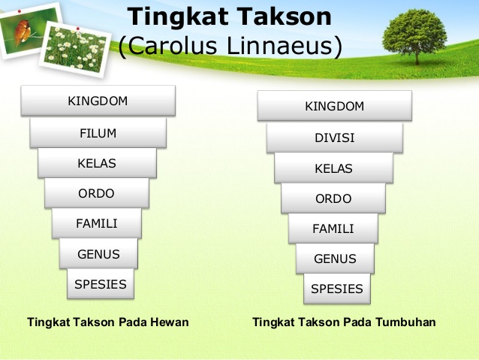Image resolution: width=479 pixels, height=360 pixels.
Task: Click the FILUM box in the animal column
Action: (x=98, y=133)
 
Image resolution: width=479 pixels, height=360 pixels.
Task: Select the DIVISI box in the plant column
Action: (x=334, y=138)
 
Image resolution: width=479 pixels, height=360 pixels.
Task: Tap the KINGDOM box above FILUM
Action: (x=98, y=101)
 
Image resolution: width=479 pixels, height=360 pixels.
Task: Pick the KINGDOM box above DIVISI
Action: (x=334, y=106)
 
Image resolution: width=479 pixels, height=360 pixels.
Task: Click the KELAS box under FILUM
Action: (x=97, y=162)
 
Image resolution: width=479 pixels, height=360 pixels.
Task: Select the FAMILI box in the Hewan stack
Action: (x=97, y=223)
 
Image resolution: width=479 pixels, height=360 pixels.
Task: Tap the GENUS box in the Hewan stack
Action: (x=98, y=254)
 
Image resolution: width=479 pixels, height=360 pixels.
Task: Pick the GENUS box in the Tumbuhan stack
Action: (x=334, y=259)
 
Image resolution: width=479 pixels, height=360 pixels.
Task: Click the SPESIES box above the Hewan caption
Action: (x=100, y=284)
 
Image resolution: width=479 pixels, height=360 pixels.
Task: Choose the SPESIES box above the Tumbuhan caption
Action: (x=336, y=289)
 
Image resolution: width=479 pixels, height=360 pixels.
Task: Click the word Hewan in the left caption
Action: (x=170, y=322)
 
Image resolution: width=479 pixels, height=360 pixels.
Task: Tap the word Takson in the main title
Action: (x=285, y=17)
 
